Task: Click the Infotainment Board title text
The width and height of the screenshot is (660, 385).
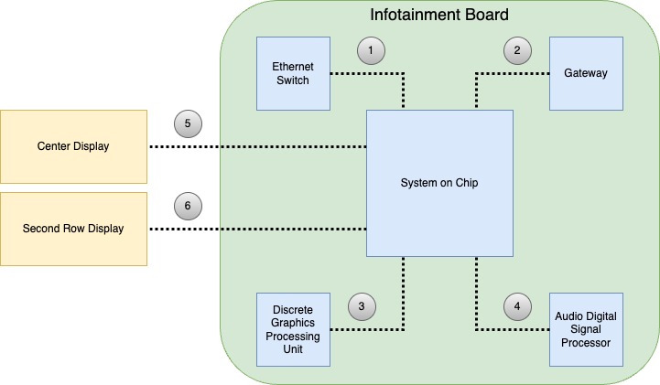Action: coord(438,16)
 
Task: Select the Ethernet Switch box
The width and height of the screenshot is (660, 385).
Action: coord(293,73)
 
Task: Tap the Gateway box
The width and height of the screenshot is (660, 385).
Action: coord(586,73)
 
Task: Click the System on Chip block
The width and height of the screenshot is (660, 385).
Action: coord(439,183)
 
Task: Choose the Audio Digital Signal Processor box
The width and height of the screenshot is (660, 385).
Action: coord(586,329)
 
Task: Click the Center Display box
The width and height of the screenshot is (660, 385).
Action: coord(73,146)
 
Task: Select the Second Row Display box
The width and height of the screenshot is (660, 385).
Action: coord(73,229)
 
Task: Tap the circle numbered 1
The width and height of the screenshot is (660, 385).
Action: coord(370,51)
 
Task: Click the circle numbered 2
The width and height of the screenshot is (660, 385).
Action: coord(516,51)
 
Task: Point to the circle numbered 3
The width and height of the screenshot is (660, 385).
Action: coord(362,307)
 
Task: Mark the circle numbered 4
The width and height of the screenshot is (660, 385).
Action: coord(516,307)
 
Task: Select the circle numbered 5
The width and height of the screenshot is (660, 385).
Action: coord(187,123)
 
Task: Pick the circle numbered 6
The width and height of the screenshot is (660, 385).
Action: coord(187,206)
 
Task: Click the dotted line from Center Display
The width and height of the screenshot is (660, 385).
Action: coord(256,146)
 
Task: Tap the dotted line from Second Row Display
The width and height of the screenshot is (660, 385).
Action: coord(256,229)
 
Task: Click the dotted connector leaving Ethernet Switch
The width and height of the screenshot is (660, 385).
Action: coord(366,73)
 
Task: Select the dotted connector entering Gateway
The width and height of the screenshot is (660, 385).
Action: coord(513,73)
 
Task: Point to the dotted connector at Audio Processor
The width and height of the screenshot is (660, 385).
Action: coord(513,329)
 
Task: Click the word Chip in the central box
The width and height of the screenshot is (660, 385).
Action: coord(465,183)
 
